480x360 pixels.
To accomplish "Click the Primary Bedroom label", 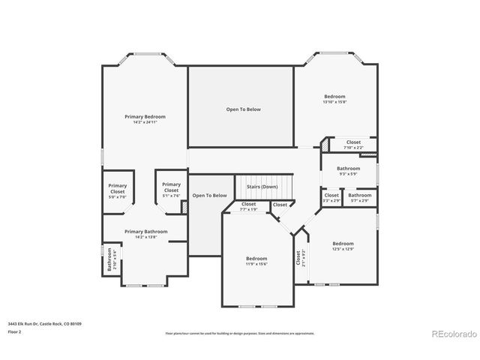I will click(x=145, y=117).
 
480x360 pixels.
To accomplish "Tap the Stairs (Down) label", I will click(x=262, y=186).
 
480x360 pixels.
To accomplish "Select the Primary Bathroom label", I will click(x=145, y=232).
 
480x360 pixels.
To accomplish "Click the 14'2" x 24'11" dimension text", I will click(x=145, y=122).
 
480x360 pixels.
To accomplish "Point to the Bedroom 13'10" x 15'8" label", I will click(x=334, y=98).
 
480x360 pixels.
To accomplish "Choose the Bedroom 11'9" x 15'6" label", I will click(x=256, y=260).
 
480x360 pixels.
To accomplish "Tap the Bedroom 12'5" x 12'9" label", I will click(x=343, y=245).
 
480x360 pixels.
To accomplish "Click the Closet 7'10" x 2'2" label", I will click(x=353, y=144).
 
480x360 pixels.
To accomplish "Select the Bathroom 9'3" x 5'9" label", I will click(x=348, y=171).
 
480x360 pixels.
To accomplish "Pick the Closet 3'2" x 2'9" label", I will click(x=331, y=197).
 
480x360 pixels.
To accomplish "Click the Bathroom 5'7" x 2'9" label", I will click(x=359, y=197).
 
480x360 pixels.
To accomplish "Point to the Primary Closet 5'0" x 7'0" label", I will click(x=117, y=188).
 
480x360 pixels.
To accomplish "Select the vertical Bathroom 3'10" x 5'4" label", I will click(x=109, y=259).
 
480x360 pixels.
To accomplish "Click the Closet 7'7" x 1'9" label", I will click(x=248, y=206).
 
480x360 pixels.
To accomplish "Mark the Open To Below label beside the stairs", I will click(x=209, y=196).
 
